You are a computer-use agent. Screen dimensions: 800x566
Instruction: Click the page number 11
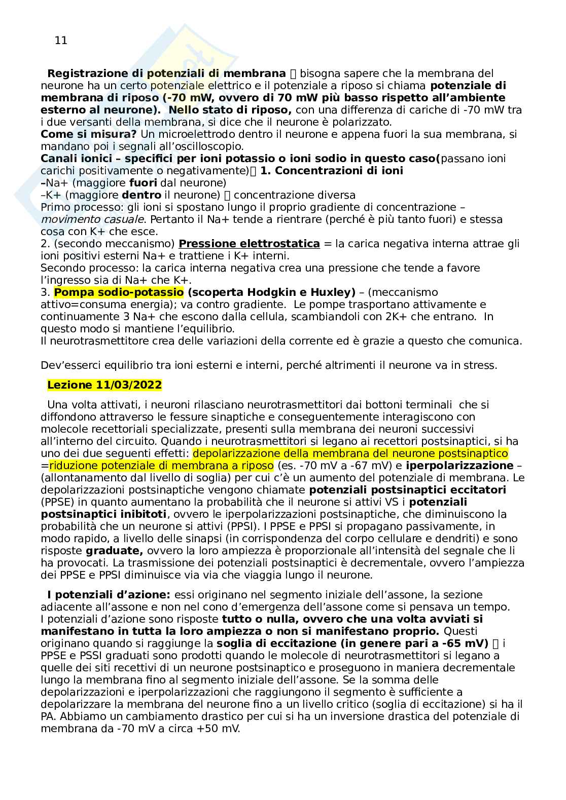[x=61, y=41]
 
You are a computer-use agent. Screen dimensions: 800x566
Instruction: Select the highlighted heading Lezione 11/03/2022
[x=104, y=385]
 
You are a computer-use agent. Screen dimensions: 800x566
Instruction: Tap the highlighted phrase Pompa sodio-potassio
[x=119, y=292]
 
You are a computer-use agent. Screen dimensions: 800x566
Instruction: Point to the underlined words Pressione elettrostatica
[x=249, y=244]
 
